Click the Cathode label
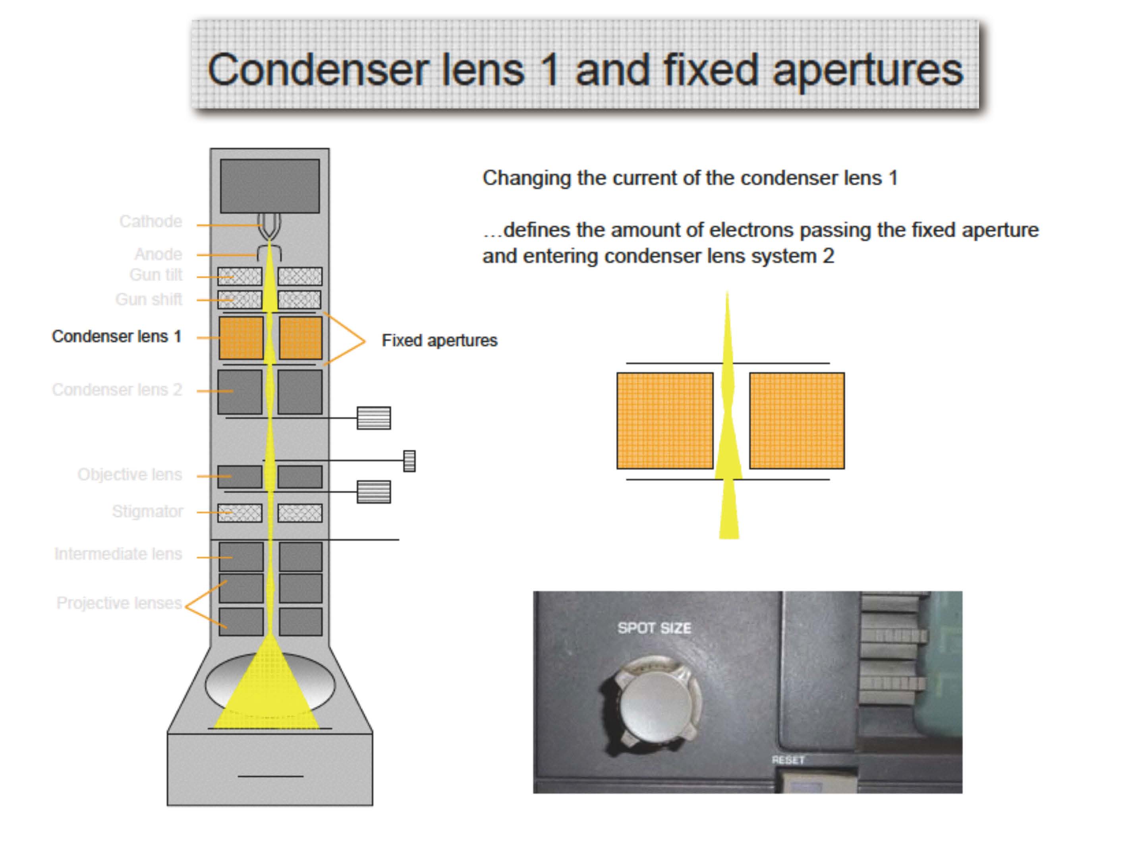tap(151, 221)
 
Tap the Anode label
tap(158, 254)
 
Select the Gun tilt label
tap(156, 275)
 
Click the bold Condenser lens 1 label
tap(117, 336)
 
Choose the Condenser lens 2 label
tap(117, 390)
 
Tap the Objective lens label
tap(130, 475)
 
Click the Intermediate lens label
tap(118, 554)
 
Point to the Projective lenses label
tap(120, 603)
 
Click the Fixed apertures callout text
tap(440, 341)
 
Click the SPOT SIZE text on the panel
tap(655, 628)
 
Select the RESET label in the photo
tap(788, 760)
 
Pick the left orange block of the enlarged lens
tap(665, 421)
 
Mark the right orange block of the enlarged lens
tap(797, 421)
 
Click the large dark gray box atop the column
tap(270, 186)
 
